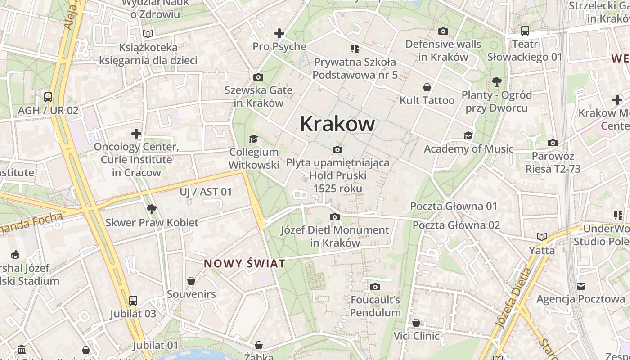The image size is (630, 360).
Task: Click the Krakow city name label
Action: click(337, 124)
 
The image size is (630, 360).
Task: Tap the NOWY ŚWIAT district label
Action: click(245, 264)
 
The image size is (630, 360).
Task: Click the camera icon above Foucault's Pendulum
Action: click(375, 287)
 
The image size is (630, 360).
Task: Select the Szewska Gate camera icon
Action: click(258, 77)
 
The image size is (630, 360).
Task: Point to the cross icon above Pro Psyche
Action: click(279, 33)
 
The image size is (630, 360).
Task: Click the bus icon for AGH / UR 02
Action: click(48, 97)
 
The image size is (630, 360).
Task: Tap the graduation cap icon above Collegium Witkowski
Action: click(254, 139)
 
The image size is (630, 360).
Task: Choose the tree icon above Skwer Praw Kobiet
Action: click(152, 209)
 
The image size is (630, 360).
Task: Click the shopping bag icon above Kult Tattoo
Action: click(427, 87)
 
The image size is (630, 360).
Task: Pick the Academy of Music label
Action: click(468, 149)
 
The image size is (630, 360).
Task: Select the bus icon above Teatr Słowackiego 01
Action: click(525, 31)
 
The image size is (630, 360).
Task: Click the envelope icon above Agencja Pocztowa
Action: click(581, 286)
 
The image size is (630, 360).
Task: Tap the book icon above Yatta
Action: click(542, 237)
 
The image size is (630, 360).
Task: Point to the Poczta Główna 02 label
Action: click(456, 225)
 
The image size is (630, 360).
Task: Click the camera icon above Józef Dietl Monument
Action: click(334, 217)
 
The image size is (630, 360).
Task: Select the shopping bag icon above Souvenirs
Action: click(191, 281)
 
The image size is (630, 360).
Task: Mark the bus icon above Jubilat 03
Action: click(133, 300)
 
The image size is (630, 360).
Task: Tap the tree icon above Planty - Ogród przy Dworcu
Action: click(497, 82)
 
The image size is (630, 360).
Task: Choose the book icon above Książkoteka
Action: click(148, 34)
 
